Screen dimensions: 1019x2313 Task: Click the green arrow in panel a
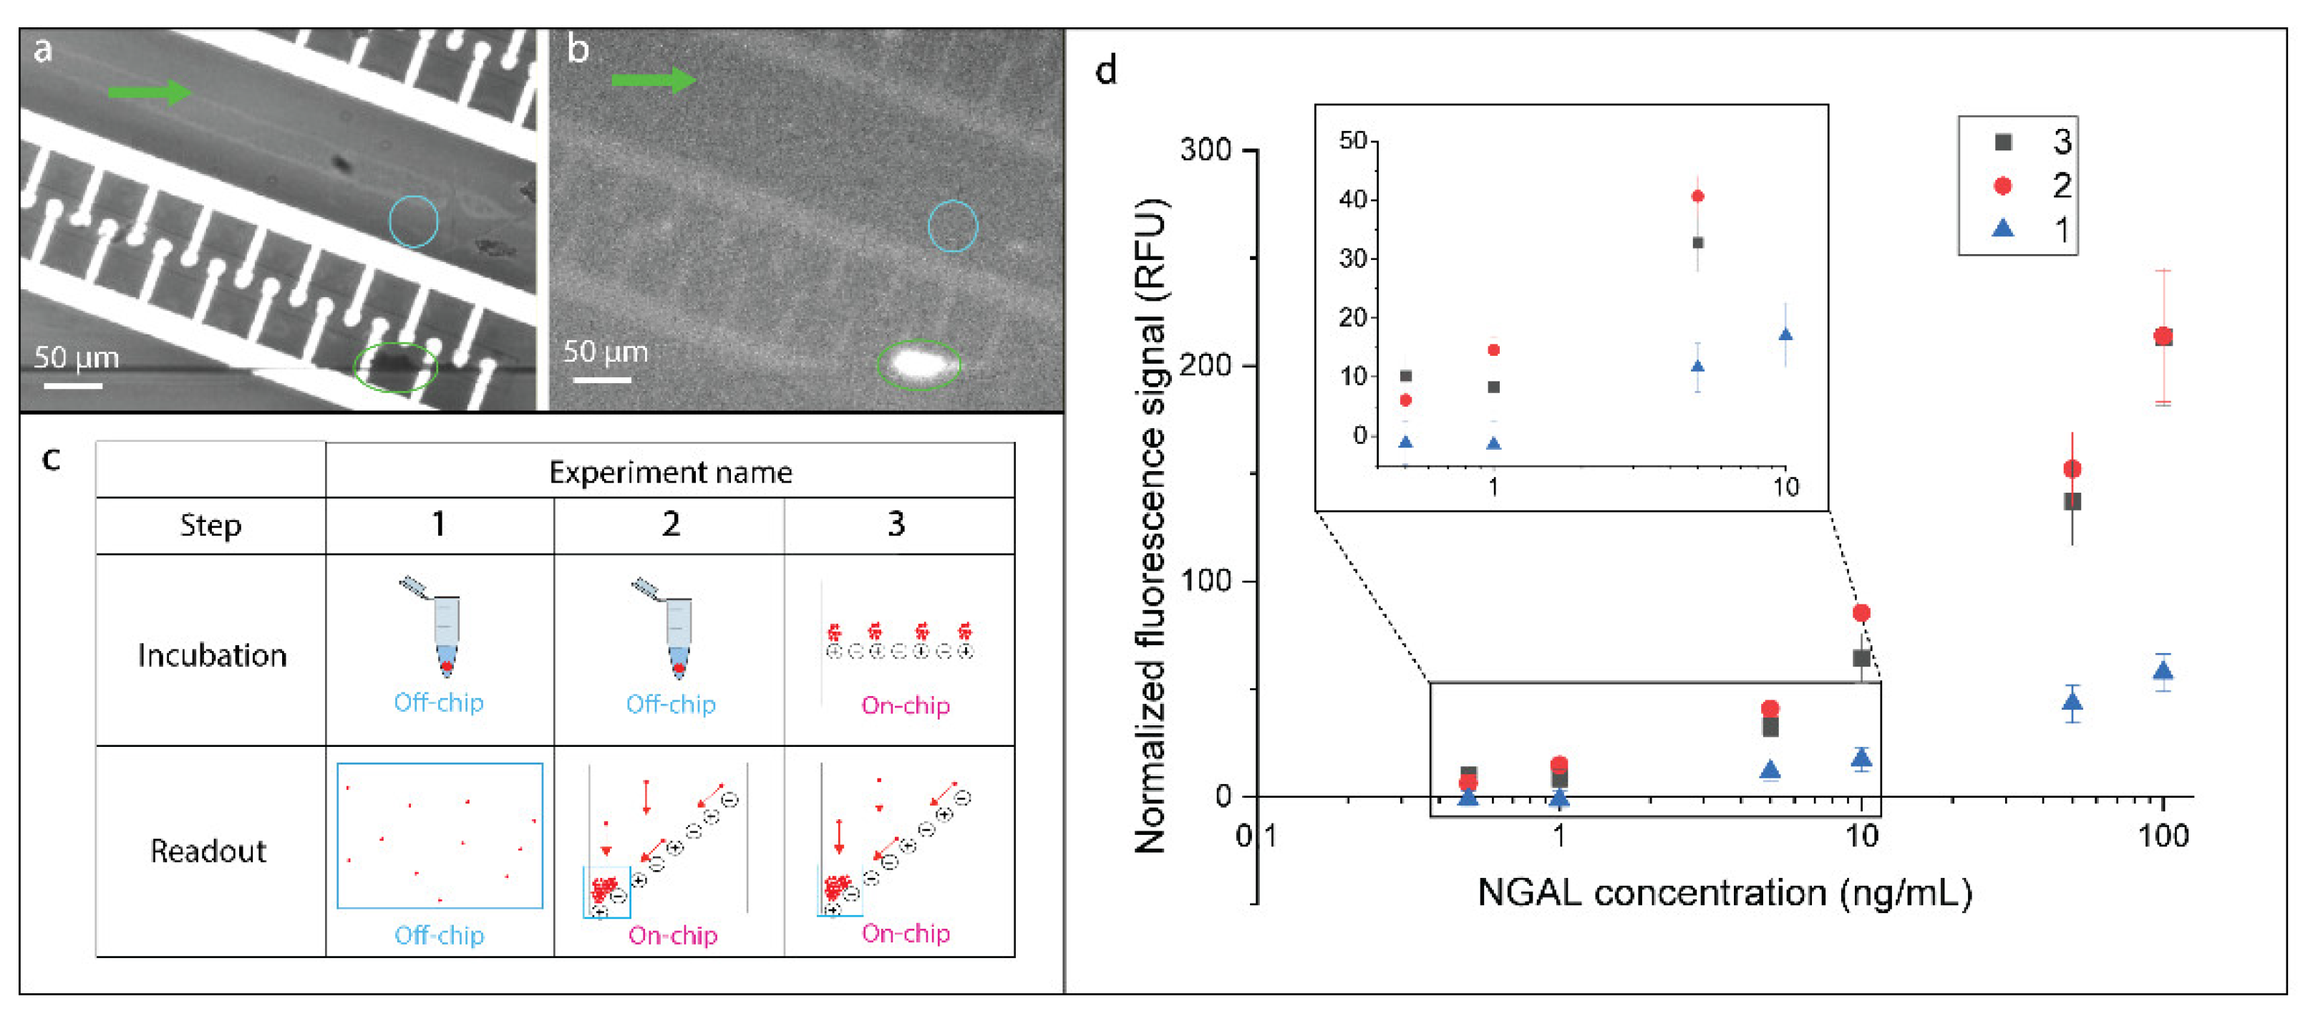[x=148, y=91]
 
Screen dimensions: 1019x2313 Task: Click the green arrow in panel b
[x=653, y=80]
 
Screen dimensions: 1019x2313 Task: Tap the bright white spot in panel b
[x=917, y=364]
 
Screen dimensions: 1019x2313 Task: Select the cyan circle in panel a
[x=413, y=221]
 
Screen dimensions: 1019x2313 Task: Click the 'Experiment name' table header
[x=670, y=472]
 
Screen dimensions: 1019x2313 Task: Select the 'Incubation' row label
[x=212, y=655]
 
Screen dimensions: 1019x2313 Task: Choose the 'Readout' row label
[x=208, y=850]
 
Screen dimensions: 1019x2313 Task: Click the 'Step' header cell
[x=210, y=525]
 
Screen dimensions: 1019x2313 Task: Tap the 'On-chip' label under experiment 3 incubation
[x=905, y=705]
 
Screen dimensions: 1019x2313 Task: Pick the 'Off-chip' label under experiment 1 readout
[x=439, y=935]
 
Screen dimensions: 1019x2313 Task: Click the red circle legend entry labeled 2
[x=2002, y=186]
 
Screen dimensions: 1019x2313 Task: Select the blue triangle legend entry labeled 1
[x=2002, y=230]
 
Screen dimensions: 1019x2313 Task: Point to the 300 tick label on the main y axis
[x=1205, y=150]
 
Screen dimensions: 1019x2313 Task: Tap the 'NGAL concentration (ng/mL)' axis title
[x=1724, y=893]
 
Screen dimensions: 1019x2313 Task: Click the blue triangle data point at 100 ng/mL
[x=2163, y=671]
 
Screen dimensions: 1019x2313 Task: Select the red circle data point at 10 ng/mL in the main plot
[x=1861, y=613]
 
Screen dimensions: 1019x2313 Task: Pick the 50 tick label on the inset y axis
[x=1352, y=141]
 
